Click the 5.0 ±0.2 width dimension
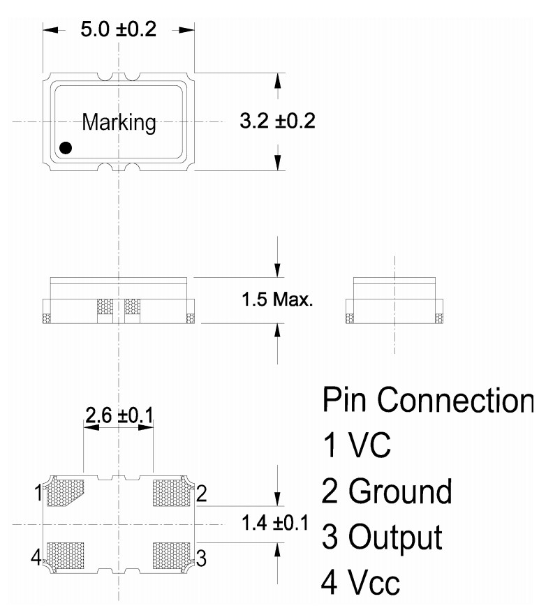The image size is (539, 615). click(x=118, y=30)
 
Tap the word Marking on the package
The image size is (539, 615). click(x=119, y=123)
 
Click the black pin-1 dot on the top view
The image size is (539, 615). click(x=66, y=148)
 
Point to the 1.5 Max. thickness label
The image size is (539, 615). click(x=276, y=301)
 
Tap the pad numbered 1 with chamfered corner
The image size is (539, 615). click(x=64, y=491)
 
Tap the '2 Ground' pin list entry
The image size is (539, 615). click(x=386, y=491)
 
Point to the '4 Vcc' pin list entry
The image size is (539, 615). click(x=361, y=582)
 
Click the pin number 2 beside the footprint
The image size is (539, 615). click(x=201, y=494)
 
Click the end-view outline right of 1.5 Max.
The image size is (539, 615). click(x=394, y=301)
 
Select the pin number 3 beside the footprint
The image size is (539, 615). click(x=201, y=558)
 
